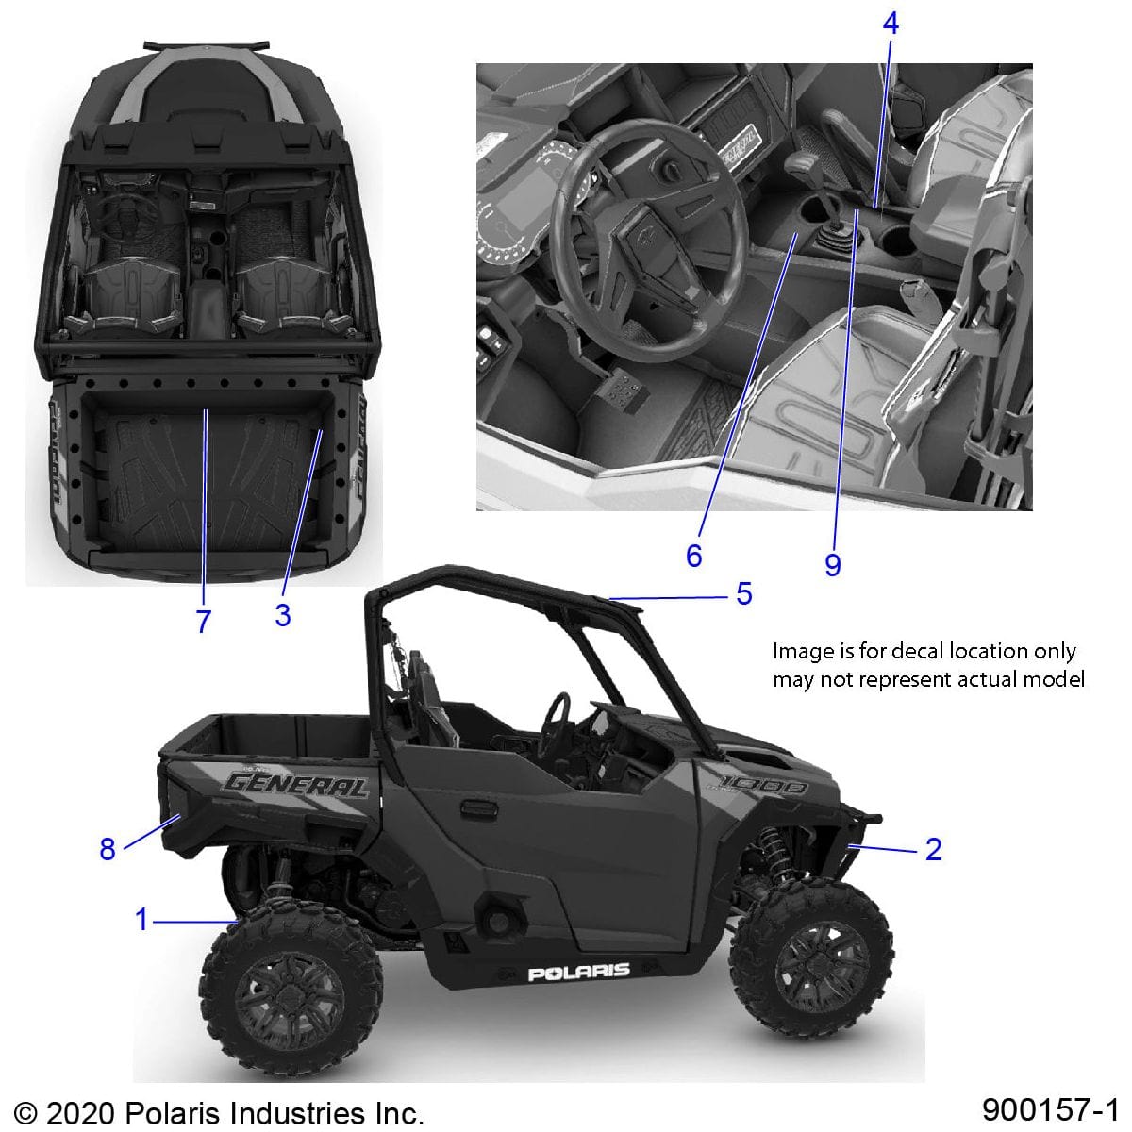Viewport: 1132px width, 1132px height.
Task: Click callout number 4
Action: pyautogui.click(x=891, y=24)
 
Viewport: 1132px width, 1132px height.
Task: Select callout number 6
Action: pyautogui.click(x=694, y=556)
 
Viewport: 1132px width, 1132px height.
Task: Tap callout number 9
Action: pyautogui.click(x=832, y=564)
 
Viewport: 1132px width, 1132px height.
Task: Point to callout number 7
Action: pyautogui.click(x=203, y=621)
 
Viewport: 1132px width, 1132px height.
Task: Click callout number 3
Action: pyautogui.click(x=282, y=615)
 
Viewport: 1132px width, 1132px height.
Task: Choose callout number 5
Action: pyautogui.click(x=744, y=594)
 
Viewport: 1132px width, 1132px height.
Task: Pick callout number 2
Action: pyautogui.click(x=933, y=849)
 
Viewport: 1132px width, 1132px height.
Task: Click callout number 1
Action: pyautogui.click(x=141, y=919)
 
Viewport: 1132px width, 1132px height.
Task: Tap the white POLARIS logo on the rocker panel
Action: pyautogui.click(x=578, y=972)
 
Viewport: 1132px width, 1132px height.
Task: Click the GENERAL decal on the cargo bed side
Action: pyautogui.click(x=295, y=784)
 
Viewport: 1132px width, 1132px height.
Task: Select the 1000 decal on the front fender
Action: pyautogui.click(x=763, y=785)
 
